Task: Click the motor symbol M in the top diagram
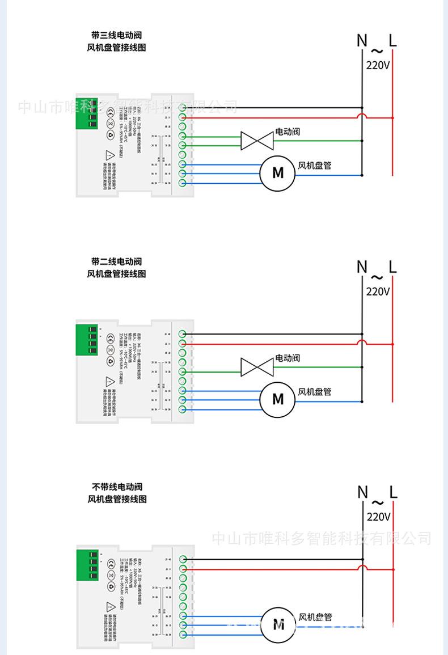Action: [277, 172]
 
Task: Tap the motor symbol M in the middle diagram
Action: [277, 399]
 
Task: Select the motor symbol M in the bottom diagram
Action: [278, 625]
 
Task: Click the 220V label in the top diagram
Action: [378, 65]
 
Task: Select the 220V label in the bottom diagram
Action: [378, 517]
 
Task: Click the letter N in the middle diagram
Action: [362, 267]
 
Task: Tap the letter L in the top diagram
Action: [393, 40]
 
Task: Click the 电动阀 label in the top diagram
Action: [288, 132]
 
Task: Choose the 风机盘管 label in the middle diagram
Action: [315, 391]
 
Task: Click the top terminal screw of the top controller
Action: [183, 108]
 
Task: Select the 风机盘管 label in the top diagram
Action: [315, 166]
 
